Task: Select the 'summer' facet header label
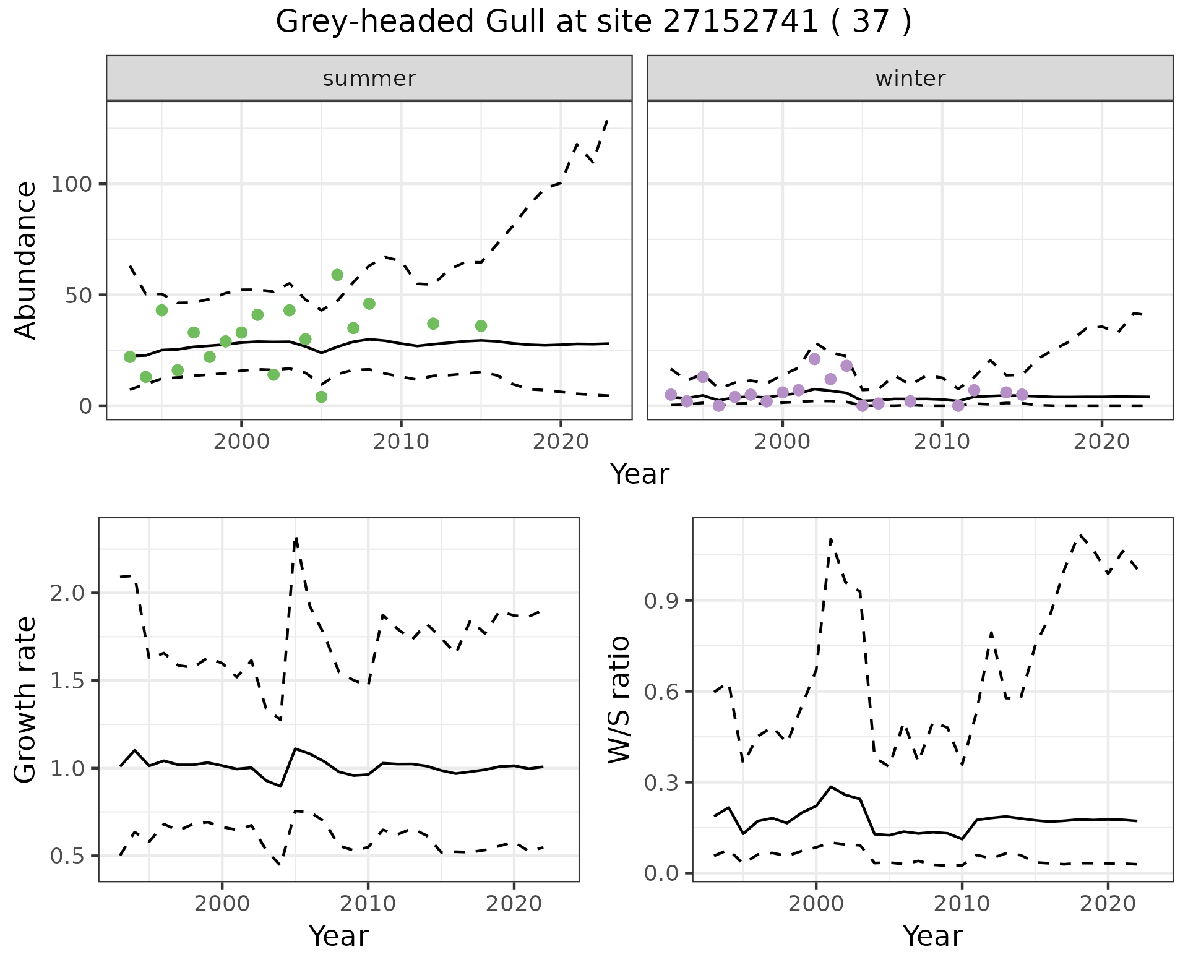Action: [369, 79]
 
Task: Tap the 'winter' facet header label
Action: [910, 79]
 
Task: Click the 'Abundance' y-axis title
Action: [26, 260]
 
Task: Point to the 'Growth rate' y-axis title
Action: [26, 700]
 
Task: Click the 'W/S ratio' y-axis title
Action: [619, 700]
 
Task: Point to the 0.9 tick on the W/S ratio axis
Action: [663, 601]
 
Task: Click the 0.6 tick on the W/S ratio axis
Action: [663, 692]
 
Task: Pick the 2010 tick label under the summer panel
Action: [401, 442]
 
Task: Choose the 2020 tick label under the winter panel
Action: [1101, 442]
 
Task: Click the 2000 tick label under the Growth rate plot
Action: [222, 904]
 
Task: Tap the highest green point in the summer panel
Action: [337, 275]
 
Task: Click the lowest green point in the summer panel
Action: [321, 397]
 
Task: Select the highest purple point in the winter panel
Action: [814, 359]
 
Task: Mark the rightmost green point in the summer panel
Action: [481, 326]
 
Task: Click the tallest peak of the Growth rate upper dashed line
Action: [296, 538]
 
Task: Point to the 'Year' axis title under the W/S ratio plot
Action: [932, 937]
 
